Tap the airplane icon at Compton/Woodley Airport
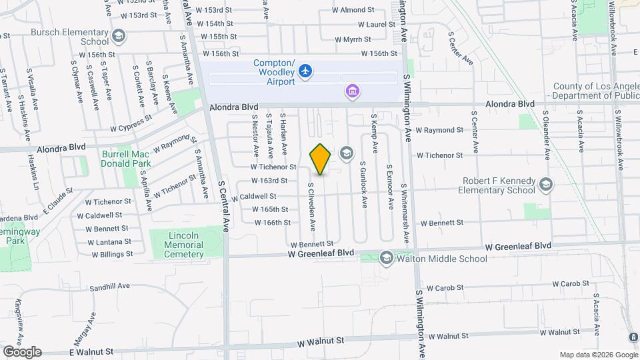pyautogui.click(x=305, y=70)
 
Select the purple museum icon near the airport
pyautogui.click(x=351, y=91)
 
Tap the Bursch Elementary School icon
pyautogui.click(x=119, y=35)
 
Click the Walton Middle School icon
pyautogui.click(x=386, y=258)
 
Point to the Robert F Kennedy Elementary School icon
pyautogui.click(x=546, y=184)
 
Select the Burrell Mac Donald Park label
pyautogui.click(x=126, y=159)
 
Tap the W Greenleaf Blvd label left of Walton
pyautogui.click(x=321, y=253)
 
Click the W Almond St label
pyautogui.click(x=353, y=10)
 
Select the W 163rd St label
pyautogui.click(x=269, y=181)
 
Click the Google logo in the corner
pyautogui.click(x=22, y=351)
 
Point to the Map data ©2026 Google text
pyautogui.click(x=597, y=354)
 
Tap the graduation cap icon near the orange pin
pyautogui.click(x=345, y=154)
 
